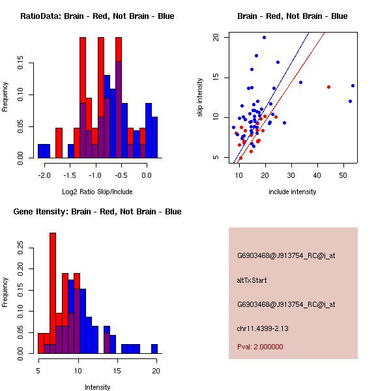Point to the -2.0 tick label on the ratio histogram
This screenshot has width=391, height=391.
click(44, 175)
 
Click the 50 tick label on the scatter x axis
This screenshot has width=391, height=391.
click(344, 175)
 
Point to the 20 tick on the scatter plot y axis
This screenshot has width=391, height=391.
click(216, 37)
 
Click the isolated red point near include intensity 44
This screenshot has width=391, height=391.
click(328, 87)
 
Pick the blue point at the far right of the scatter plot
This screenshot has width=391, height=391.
click(353, 85)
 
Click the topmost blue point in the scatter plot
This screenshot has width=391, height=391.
click(264, 37)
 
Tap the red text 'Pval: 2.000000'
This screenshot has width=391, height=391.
click(260, 347)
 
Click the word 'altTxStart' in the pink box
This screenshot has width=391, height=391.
click(252, 280)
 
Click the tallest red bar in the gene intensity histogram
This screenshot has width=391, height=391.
click(53, 293)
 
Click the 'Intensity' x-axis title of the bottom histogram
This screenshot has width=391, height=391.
click(97, 387)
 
